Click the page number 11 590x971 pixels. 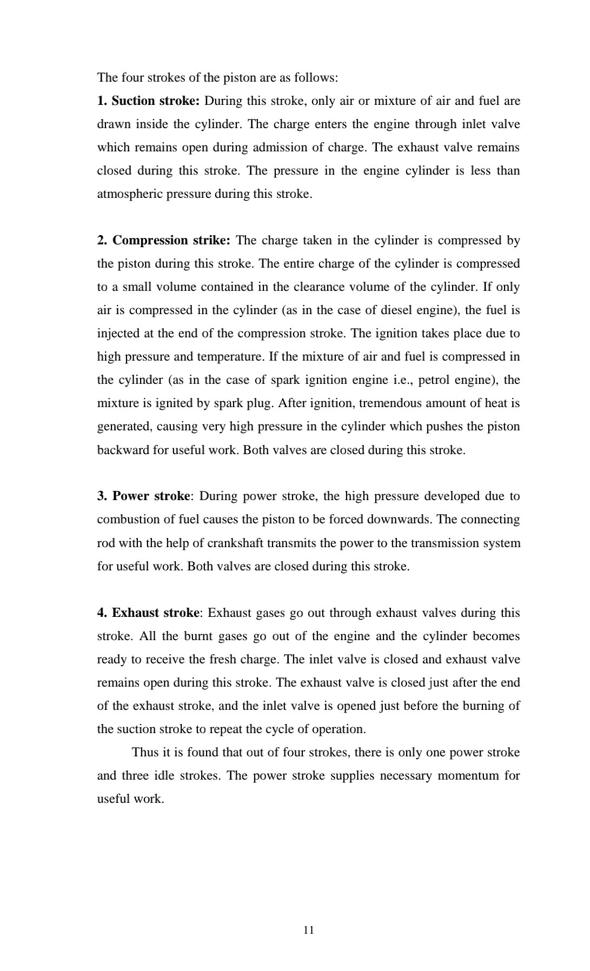(x=309, y=930)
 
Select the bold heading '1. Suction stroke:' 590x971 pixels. (x=149, y=101)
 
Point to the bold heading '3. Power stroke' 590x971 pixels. (x=144, y=496)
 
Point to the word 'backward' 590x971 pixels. (x=123, y=450)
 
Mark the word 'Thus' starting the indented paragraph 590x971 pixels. (x=145, y=753)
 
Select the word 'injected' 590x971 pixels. (x=118, y=334)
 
